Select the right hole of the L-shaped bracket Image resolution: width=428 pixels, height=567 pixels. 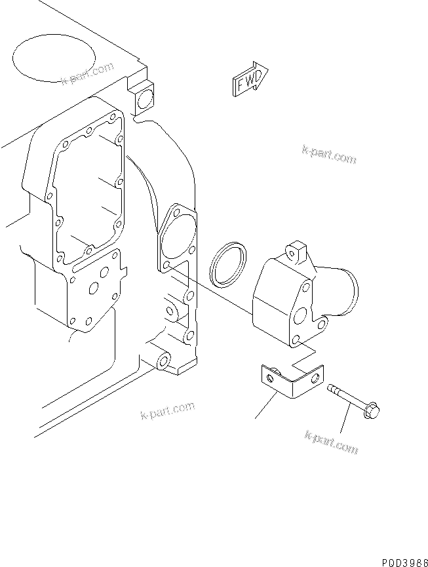(316, 379)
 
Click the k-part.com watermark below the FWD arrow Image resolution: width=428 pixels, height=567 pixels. (329, 155)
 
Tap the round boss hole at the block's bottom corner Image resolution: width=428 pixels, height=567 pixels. (163, 362)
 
